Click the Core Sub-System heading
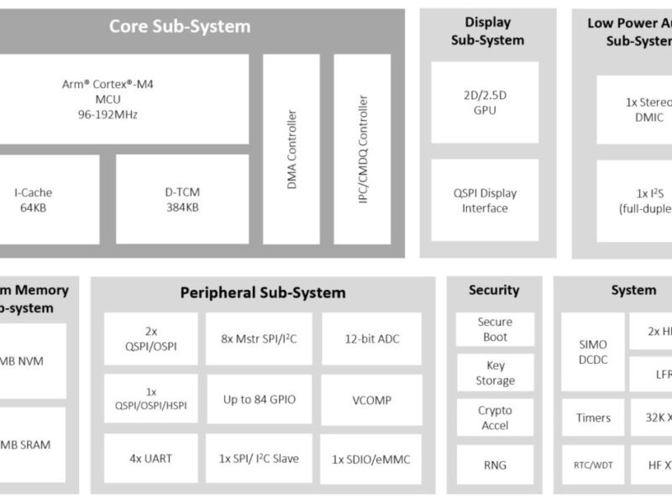coord(180,26)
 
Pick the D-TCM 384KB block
coord(182,198)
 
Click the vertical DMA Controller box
coord(291,149)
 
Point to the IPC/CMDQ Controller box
coord(362,149)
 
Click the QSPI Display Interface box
coord(485,201)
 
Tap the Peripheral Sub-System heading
coord(262,292)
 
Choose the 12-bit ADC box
coord(372,339)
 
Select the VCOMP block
coord(372,400)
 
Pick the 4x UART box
coord(151,459)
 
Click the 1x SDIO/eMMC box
coord(372,459)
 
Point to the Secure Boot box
coord(495,329)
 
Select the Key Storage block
coord(495,373)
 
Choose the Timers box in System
coord(593,417)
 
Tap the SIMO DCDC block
coord(593,352)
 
